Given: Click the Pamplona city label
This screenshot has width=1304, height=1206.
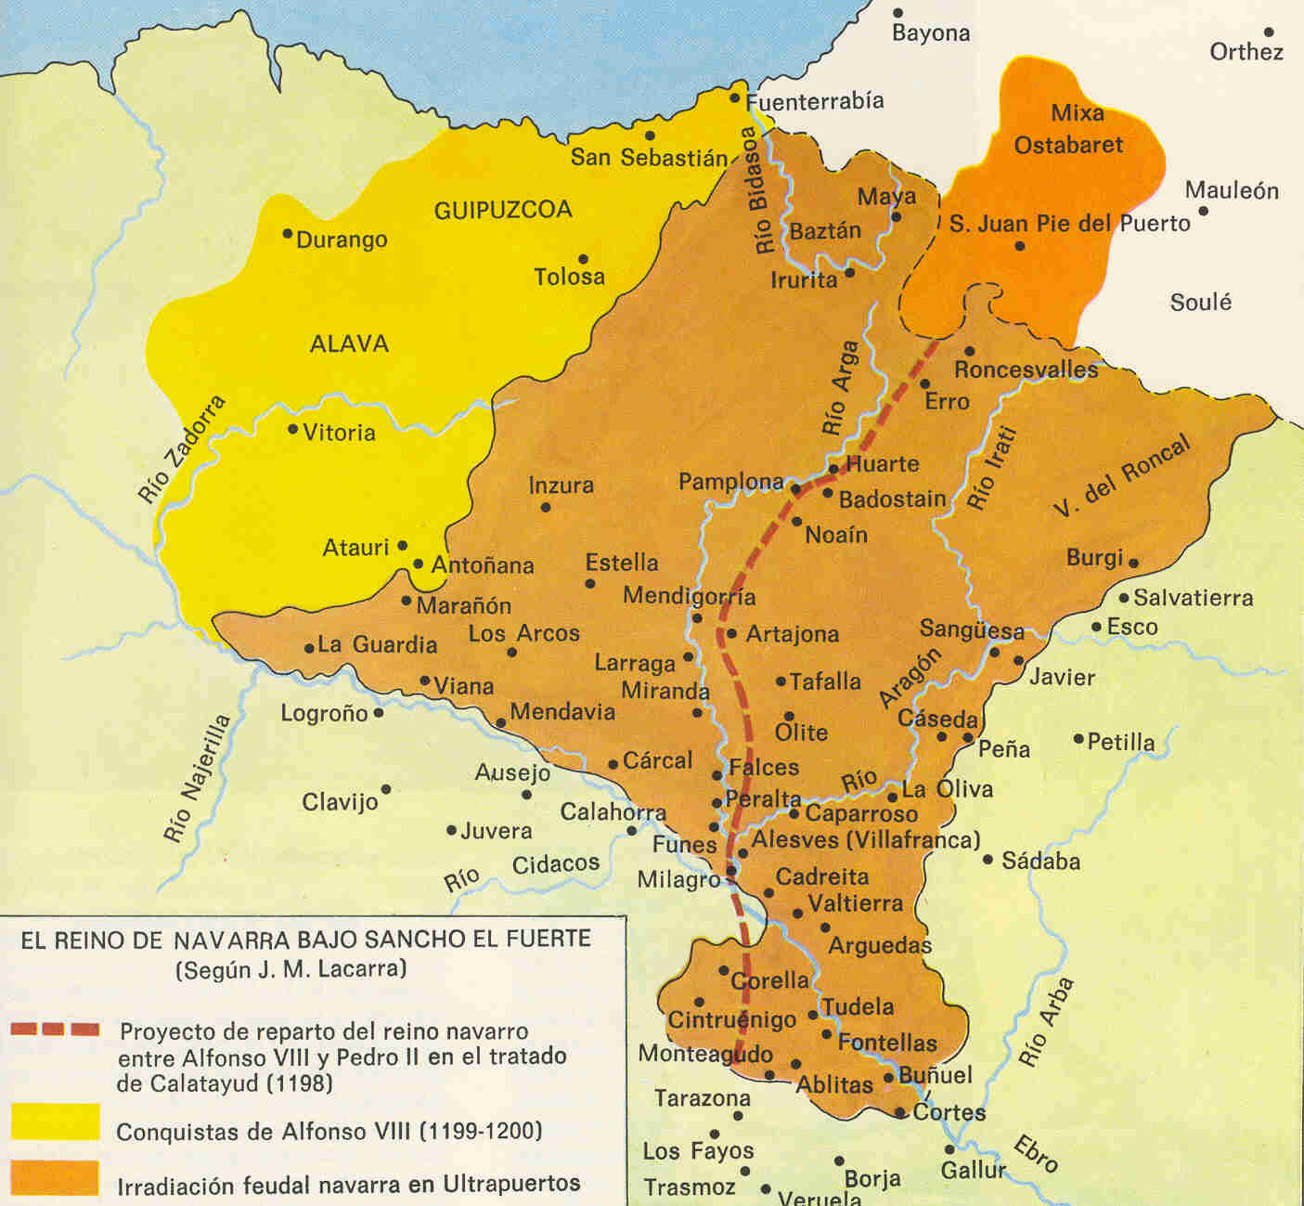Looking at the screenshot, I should coord(730,482).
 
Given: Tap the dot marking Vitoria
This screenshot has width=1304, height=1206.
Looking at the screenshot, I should coord(292,429).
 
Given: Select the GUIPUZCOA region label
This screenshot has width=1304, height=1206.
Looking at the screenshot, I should coord(503,210).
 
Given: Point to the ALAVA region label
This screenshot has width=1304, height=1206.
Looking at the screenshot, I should coord(349,344).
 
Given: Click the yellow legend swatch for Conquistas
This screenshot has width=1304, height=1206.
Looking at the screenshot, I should coord(55,1121).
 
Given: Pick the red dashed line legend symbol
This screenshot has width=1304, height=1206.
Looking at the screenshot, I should coord(55,1029).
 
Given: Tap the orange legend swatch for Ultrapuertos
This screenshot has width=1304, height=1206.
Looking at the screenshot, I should coord(55,1177).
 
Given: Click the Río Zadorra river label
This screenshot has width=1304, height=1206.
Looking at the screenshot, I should coord(182,449).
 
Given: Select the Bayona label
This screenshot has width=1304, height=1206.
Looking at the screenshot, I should coord(930,33).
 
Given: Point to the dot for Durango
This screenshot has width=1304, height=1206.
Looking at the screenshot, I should coord(288,233).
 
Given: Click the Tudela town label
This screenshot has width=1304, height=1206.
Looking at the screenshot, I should coord(858,1006).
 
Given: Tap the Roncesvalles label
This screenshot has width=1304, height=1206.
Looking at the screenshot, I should coord(1026,370).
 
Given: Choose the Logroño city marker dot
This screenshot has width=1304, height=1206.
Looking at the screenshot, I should coord(378,713).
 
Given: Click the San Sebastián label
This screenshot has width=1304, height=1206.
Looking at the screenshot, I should coord(649,157).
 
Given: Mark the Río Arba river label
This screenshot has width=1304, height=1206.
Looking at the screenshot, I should coord(1045,1022).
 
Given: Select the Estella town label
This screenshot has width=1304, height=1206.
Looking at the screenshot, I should coord(621,563).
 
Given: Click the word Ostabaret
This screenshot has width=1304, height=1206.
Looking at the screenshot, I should coord(1067,145).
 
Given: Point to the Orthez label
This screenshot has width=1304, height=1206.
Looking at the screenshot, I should coord(1246,52).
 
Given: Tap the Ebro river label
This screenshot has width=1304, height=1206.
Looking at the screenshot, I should coord(1036,1154).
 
